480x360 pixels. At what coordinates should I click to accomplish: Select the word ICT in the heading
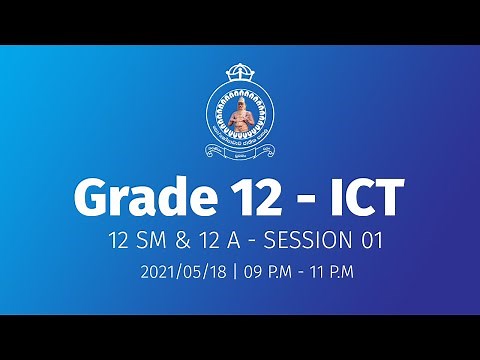(363, 199)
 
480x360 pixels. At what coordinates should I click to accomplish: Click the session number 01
(372, 241)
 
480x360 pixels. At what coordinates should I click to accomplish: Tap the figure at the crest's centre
(240, 117)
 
